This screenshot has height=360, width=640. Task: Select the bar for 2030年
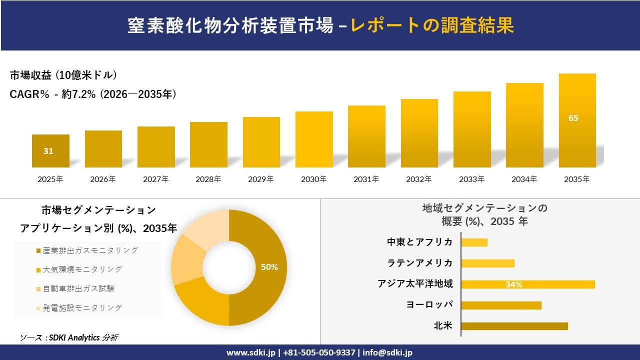click(314, 139)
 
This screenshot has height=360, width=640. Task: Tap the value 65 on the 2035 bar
click(573, 118)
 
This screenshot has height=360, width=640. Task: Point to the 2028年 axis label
click(208, 179)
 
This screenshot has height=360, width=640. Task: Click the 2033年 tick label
click(472, 179)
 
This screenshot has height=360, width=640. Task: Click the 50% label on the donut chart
click(269, 267)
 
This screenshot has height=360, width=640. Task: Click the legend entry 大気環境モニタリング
click(82, 269)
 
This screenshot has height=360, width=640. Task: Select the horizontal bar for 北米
click(514, 326)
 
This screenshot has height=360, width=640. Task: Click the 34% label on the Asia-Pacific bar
click(513, 284)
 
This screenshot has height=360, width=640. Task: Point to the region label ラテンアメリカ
click(419, 263)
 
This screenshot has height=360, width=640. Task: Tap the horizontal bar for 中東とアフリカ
click(474, 242)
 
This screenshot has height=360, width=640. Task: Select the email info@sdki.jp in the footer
click(387, 352)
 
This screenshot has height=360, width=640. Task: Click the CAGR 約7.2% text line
click(93, 94)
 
